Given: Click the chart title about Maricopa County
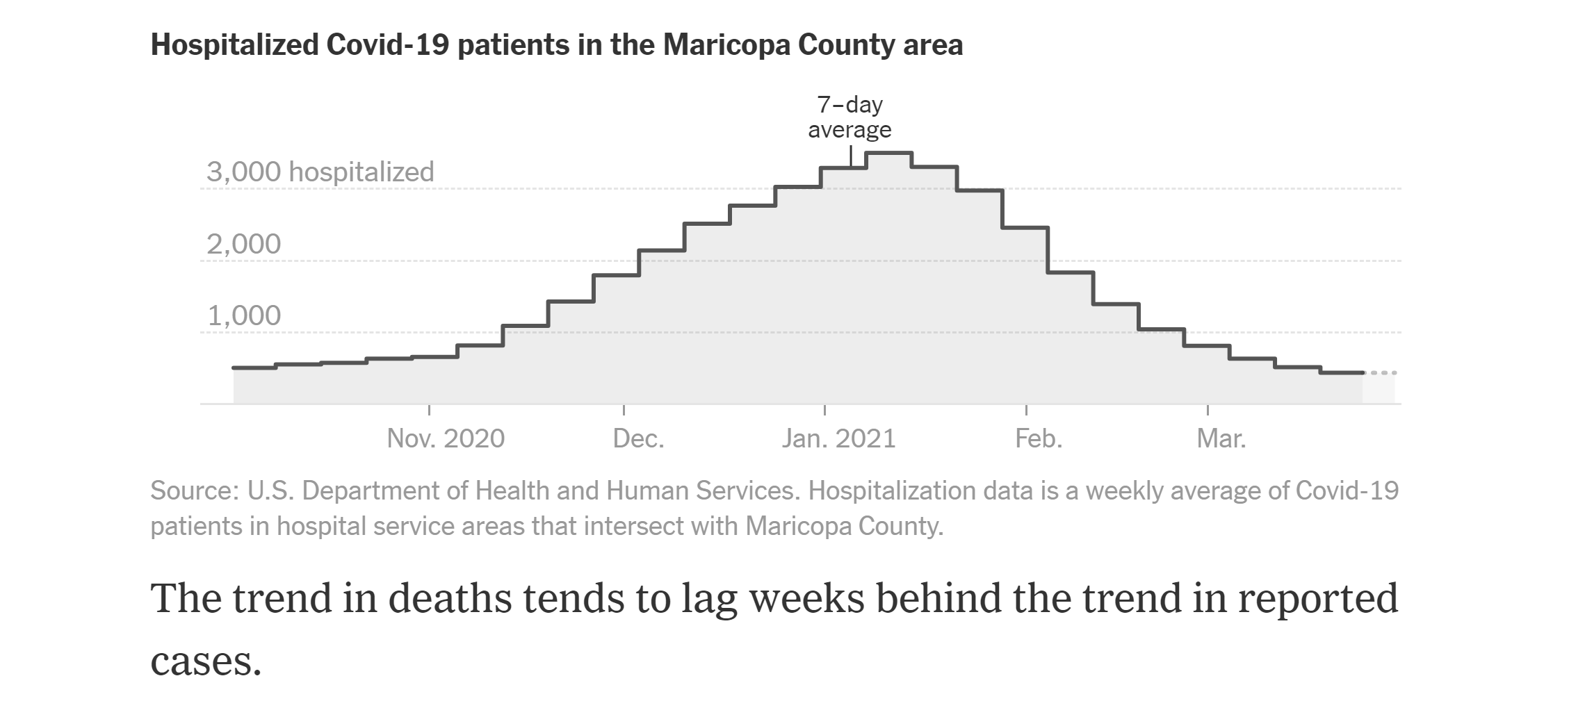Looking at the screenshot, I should (x=556, y=45).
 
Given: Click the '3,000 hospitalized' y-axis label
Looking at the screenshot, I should (x=320, y=172).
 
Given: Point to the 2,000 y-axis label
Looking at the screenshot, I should (x=243, y=244).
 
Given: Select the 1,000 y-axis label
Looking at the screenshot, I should (x=243, y=316).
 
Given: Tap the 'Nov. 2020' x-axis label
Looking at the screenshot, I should (x=446, y=438).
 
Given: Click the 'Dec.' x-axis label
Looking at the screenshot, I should (x=638, y=438).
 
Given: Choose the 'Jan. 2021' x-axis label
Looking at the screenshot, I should (x=838, y=438).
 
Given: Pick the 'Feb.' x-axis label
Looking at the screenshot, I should (x=1039, y=438).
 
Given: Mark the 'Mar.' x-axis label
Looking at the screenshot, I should (x=1221, y=438).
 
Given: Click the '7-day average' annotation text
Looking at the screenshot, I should (x=850, y=117).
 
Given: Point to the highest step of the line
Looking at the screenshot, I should (x=888, y=152).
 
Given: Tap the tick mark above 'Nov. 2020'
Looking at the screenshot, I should (x=429, y=410).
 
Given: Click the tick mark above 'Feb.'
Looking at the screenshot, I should (x=1026, y=410).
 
